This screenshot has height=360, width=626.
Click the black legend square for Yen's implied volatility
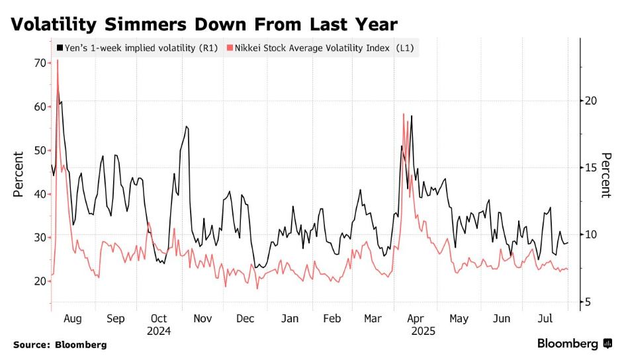[61, 48]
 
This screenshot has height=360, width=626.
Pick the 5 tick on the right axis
[588, 302]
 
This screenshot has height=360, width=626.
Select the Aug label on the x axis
[72, 319]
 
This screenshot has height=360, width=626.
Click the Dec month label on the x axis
[245, 319]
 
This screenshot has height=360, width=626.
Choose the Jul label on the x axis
[546, 319]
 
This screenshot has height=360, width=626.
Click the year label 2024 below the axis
[159, 330]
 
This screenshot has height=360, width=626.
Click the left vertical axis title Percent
[19, 173]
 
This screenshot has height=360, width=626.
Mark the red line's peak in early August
[58, 60]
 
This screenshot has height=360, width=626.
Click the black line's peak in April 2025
[412, 116]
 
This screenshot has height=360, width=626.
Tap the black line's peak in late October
[187, 126]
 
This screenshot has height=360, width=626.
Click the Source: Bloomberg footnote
[60, 345]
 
